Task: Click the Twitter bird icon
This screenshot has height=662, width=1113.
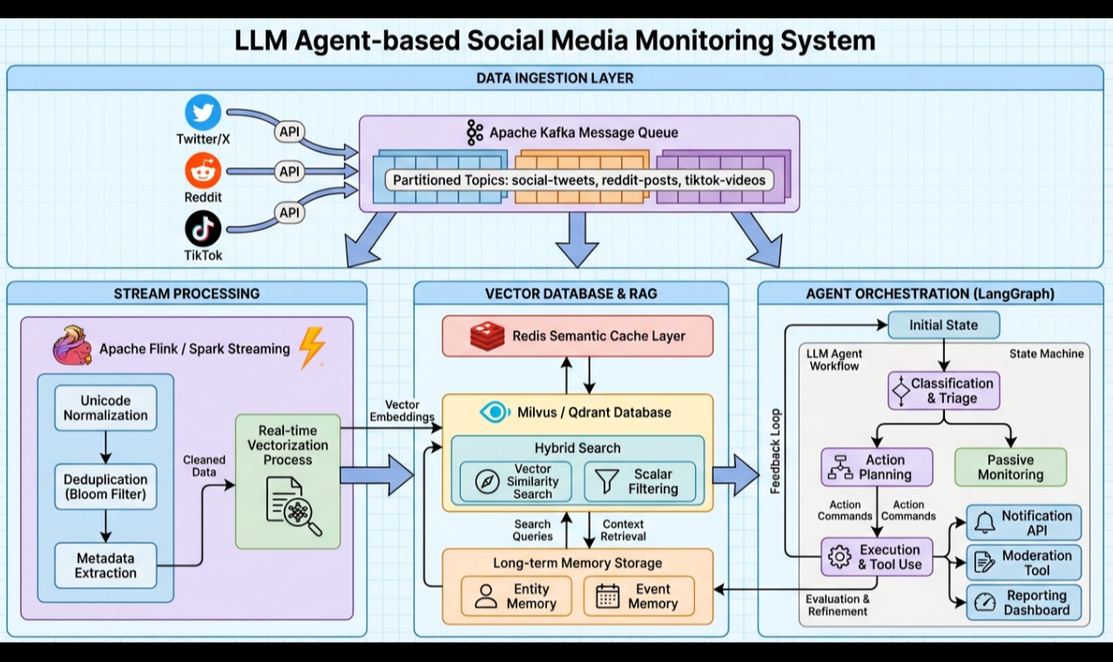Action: [204, 113]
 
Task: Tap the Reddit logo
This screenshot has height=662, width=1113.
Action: [204, 171]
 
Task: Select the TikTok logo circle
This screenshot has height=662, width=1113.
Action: [204, 229]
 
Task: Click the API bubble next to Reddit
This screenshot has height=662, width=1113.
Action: [289, 172]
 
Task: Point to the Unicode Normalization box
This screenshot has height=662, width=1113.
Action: [105, 408]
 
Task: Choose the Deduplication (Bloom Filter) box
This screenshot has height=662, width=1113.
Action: [105, 487]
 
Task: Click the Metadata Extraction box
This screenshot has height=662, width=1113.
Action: [105, 565]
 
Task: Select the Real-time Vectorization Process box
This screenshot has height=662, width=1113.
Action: [287, 481]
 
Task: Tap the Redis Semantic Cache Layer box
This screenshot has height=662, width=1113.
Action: [577, 336]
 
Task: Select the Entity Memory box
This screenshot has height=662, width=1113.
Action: [516, 597]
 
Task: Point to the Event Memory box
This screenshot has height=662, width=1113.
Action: [639, 597]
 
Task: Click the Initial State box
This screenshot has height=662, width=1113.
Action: [943, 325]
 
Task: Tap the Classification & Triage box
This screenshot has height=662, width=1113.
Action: [943, 391]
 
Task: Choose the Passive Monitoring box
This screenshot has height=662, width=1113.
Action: [1010, 467]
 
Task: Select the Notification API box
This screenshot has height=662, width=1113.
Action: [1024, 523]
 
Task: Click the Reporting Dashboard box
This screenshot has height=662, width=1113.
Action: [1024, 603]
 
